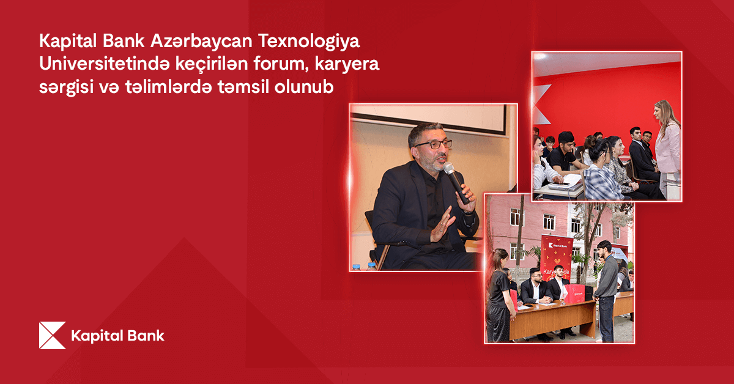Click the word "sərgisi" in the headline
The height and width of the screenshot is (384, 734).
tap(61, 87)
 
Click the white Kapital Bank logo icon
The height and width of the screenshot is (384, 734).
tap(52, 335)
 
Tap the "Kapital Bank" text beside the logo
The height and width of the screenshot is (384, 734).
tap(117, 336)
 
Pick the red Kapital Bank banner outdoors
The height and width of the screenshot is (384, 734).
tap(557, 257)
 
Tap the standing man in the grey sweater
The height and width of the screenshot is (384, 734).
tap(606, 287)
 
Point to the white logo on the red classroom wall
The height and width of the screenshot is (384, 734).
tap(539, 104)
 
